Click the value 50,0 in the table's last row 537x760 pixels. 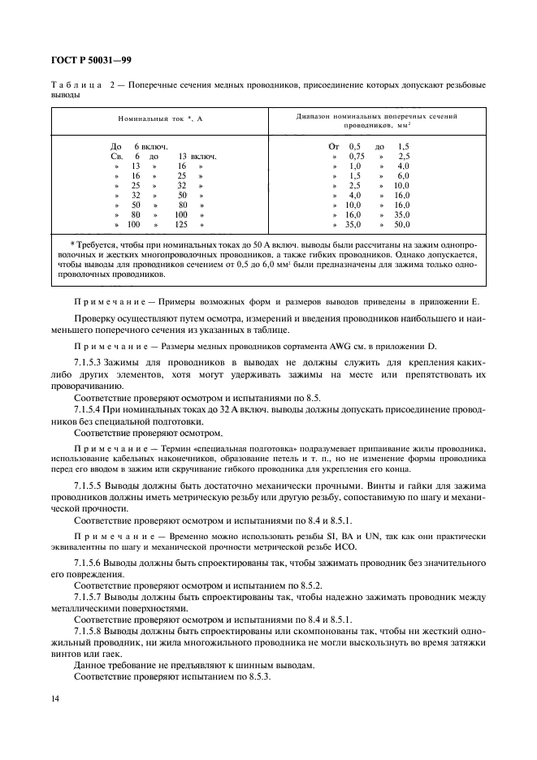[402, 224]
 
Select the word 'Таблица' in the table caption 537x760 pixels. [76, 85]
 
